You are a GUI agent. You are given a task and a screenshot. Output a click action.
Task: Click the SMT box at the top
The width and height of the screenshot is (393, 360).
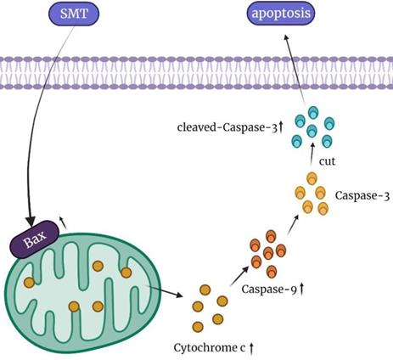point(79,15)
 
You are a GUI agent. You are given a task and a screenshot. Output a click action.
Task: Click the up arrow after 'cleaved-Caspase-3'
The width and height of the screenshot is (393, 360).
point(279,129)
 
